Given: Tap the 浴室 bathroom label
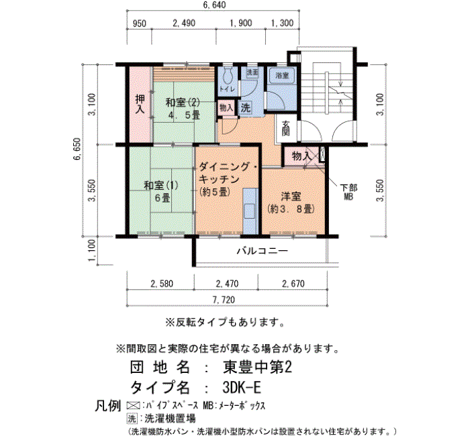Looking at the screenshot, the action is tap(282, 75).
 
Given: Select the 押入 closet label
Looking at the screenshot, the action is tap(140, 103).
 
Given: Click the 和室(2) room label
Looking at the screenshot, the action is tap(183, 103).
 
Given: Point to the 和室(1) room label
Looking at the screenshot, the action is tap(161, 185).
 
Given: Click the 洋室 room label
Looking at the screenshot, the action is tap(291, 197).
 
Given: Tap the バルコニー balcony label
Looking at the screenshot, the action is tap(263, 250).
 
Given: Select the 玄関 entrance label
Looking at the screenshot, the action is tap(286, 129).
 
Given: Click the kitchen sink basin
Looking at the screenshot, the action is tap(249, 211).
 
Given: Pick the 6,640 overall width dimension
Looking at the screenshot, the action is tap(214, 5).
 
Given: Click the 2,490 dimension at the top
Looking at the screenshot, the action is tap(184, 23).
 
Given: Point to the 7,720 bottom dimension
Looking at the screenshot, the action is tap(224, 300).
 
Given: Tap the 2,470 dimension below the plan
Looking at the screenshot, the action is tap(227, 284).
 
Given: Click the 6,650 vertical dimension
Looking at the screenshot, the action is tap(77, 149).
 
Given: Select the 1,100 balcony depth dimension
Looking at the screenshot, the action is tap(92, 250).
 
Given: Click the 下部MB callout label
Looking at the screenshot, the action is tap(348, 192).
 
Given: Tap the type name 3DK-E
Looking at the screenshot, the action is tap(242, 388).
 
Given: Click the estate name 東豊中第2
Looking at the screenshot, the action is tap(257, 367).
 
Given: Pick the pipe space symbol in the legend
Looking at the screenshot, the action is tap(133, 406).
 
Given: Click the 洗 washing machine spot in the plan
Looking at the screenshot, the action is tap(246, 108).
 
